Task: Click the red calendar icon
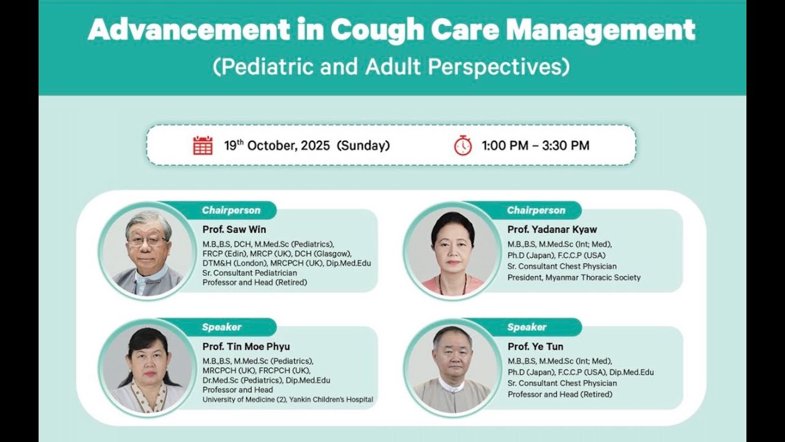pyautogui.click(x=203, y=145)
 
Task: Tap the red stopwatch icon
pyautogui.click(x=462, y=145)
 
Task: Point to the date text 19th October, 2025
pyautogui.click(x=307, y=145)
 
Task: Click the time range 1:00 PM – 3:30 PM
pyautogui.click(x=535, y=145)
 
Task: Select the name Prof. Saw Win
pyautogui.click(x=234, y=230)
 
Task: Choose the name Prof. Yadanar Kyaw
pyautogui.click(x=552, y=230)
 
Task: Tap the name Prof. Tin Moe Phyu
pyautogui.click(x=246, y=346)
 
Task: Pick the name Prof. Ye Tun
pyautogui.click(x=535, y=346)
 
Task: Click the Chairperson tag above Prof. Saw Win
pyautogui.click(x=231, y=211)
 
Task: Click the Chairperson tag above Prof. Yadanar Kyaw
pyautogui.click(x=536, y=211)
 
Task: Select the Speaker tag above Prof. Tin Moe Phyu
pyautogui.click(x=221, y=327)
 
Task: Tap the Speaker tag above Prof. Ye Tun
pyautogui.click(x=527, y=327)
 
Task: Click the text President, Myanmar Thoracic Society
pyautogui.click(x=574, y=277)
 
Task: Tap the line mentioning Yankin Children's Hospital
pyautogui.click(x=288, y=400)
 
